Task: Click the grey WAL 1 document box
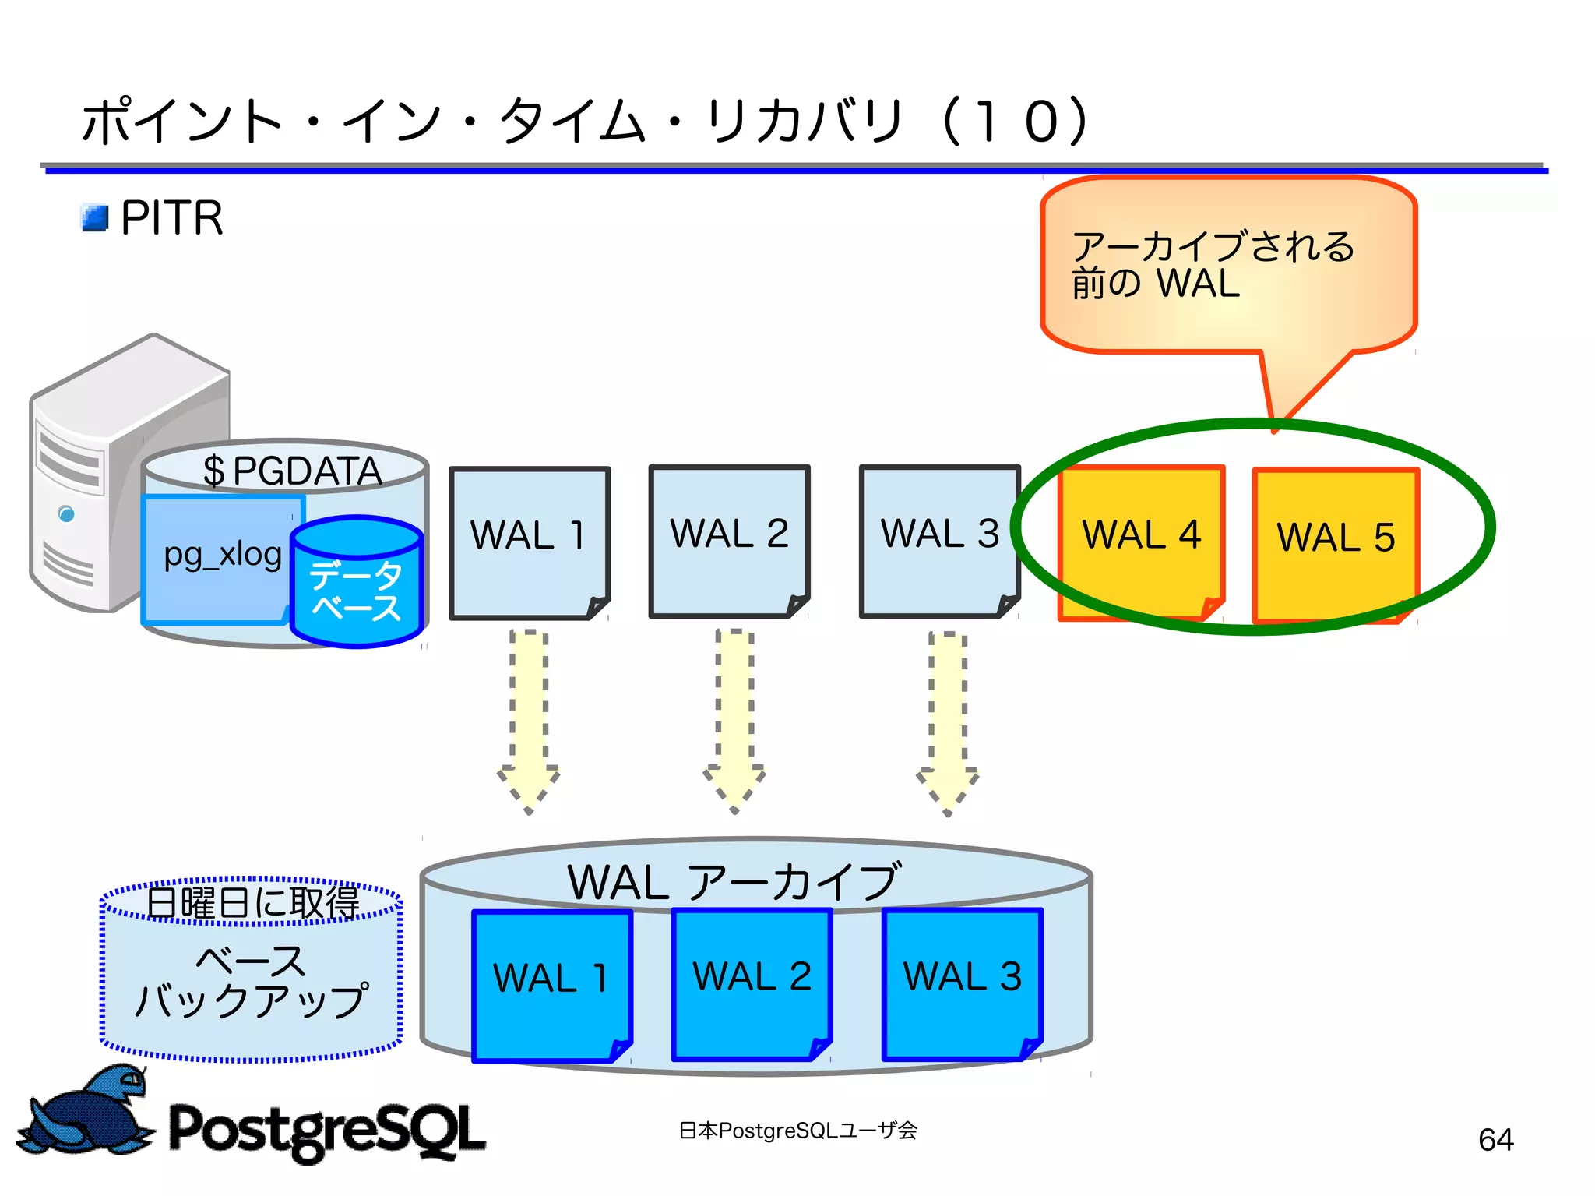click(x=529, y=542)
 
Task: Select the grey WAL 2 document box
click(x=729, y=541)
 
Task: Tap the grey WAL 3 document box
click(x=939, y=541)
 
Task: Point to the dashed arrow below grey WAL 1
click(x=529, y=721)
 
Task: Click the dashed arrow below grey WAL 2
click(x=734, y=721)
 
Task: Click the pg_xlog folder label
click(x=223, y=555)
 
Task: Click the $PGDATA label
click(x=292, y=471)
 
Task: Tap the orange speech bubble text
click(x=1212, y=265)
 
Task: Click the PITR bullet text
click(x=172, y=217)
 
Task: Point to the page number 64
click(x=1495, y=1140)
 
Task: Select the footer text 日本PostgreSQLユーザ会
click(x=797, y=1131)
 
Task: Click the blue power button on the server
click(x=67, y=513)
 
